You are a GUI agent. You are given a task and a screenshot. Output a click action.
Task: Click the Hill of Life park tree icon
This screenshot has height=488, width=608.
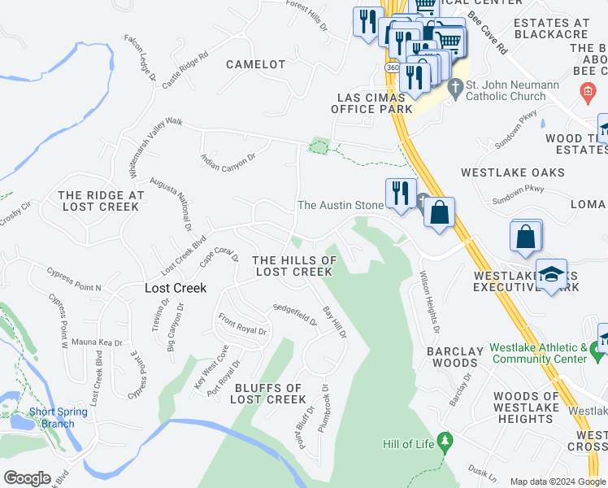(x=444, y=442)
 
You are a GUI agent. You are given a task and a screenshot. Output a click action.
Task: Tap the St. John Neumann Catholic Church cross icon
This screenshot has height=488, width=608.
(x=456, y=85)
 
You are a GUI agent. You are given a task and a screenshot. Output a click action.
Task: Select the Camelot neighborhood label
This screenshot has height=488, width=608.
(x=256, y=64)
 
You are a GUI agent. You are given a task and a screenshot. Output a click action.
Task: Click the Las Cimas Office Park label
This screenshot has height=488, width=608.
(x=371, y=103)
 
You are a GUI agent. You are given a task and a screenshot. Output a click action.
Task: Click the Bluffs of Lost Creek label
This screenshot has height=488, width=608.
(x=267, y=394)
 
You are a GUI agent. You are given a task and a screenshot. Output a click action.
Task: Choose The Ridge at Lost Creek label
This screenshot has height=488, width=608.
(x=102, y=201)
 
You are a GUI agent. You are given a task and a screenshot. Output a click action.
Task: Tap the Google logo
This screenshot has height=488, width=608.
(x=27, y=478)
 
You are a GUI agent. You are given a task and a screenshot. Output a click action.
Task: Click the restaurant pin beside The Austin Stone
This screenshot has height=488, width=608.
(x=398, y=194)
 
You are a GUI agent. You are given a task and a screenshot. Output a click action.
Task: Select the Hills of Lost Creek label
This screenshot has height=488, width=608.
(x=293, y=265)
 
